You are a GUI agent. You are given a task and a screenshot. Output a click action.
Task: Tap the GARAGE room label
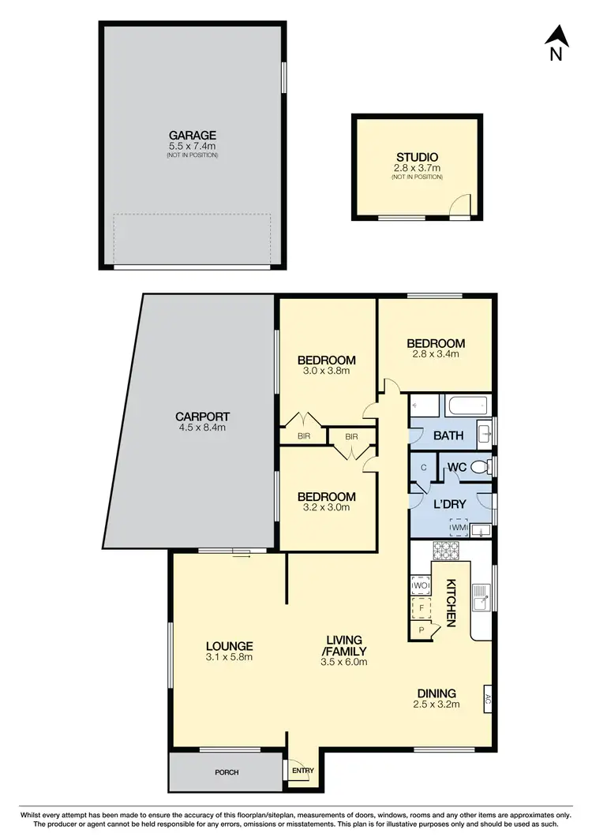192,135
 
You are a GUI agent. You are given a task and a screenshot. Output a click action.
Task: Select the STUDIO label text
417,157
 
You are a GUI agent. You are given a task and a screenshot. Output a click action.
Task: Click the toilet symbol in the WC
478,468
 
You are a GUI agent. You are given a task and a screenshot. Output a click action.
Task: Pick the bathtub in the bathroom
466,406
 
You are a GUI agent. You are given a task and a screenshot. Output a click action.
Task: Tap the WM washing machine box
459,526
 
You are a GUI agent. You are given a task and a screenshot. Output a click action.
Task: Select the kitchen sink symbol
481,600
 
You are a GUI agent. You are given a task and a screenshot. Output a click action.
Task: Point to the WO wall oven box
419,586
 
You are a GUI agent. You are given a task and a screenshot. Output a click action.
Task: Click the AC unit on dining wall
488,699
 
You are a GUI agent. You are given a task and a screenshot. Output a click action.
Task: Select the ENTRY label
302,771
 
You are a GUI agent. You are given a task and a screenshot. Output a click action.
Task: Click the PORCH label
226,772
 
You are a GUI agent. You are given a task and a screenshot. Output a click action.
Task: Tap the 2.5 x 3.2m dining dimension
437,704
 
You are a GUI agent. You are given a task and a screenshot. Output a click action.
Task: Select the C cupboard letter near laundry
424,468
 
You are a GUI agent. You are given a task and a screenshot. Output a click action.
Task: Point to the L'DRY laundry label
447,503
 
